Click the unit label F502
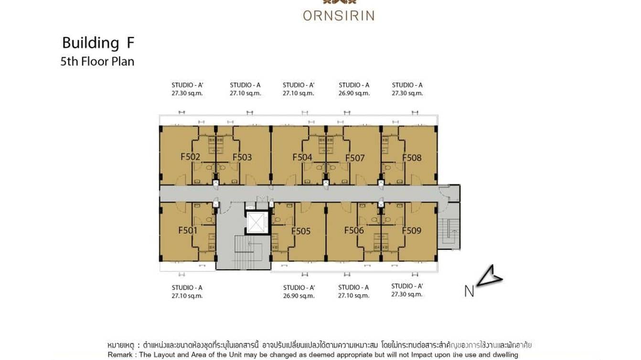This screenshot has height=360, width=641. [x=190, y=157]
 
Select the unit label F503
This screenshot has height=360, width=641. [x=242, y=157]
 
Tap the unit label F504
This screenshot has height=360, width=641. [x=302, y=157]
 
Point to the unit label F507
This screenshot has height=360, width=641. [x=355, y=158]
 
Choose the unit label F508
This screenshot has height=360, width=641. [x=412, y=158]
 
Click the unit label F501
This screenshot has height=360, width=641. [x=188, y=230]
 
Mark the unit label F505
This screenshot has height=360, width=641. [x=301, y=231]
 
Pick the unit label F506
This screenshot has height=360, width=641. [x=354, y=230]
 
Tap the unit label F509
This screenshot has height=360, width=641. [x=411, y=231]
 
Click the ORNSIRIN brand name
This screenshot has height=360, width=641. [x=338, y=16]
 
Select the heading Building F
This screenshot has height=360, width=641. [x=98, y=43]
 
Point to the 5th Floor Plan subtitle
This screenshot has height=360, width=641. [x=97, y=62]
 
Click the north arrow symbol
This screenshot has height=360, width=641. [x=489, y=276]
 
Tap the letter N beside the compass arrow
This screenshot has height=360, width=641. [x=469, y=291]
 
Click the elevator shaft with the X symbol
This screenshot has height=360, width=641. [x=256, y=222]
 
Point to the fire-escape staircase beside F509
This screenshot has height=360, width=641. [x=449, y=233]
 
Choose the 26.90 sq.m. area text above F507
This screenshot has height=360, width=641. [x=354, y=94]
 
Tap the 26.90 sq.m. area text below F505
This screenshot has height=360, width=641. [x=299, y=296]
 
